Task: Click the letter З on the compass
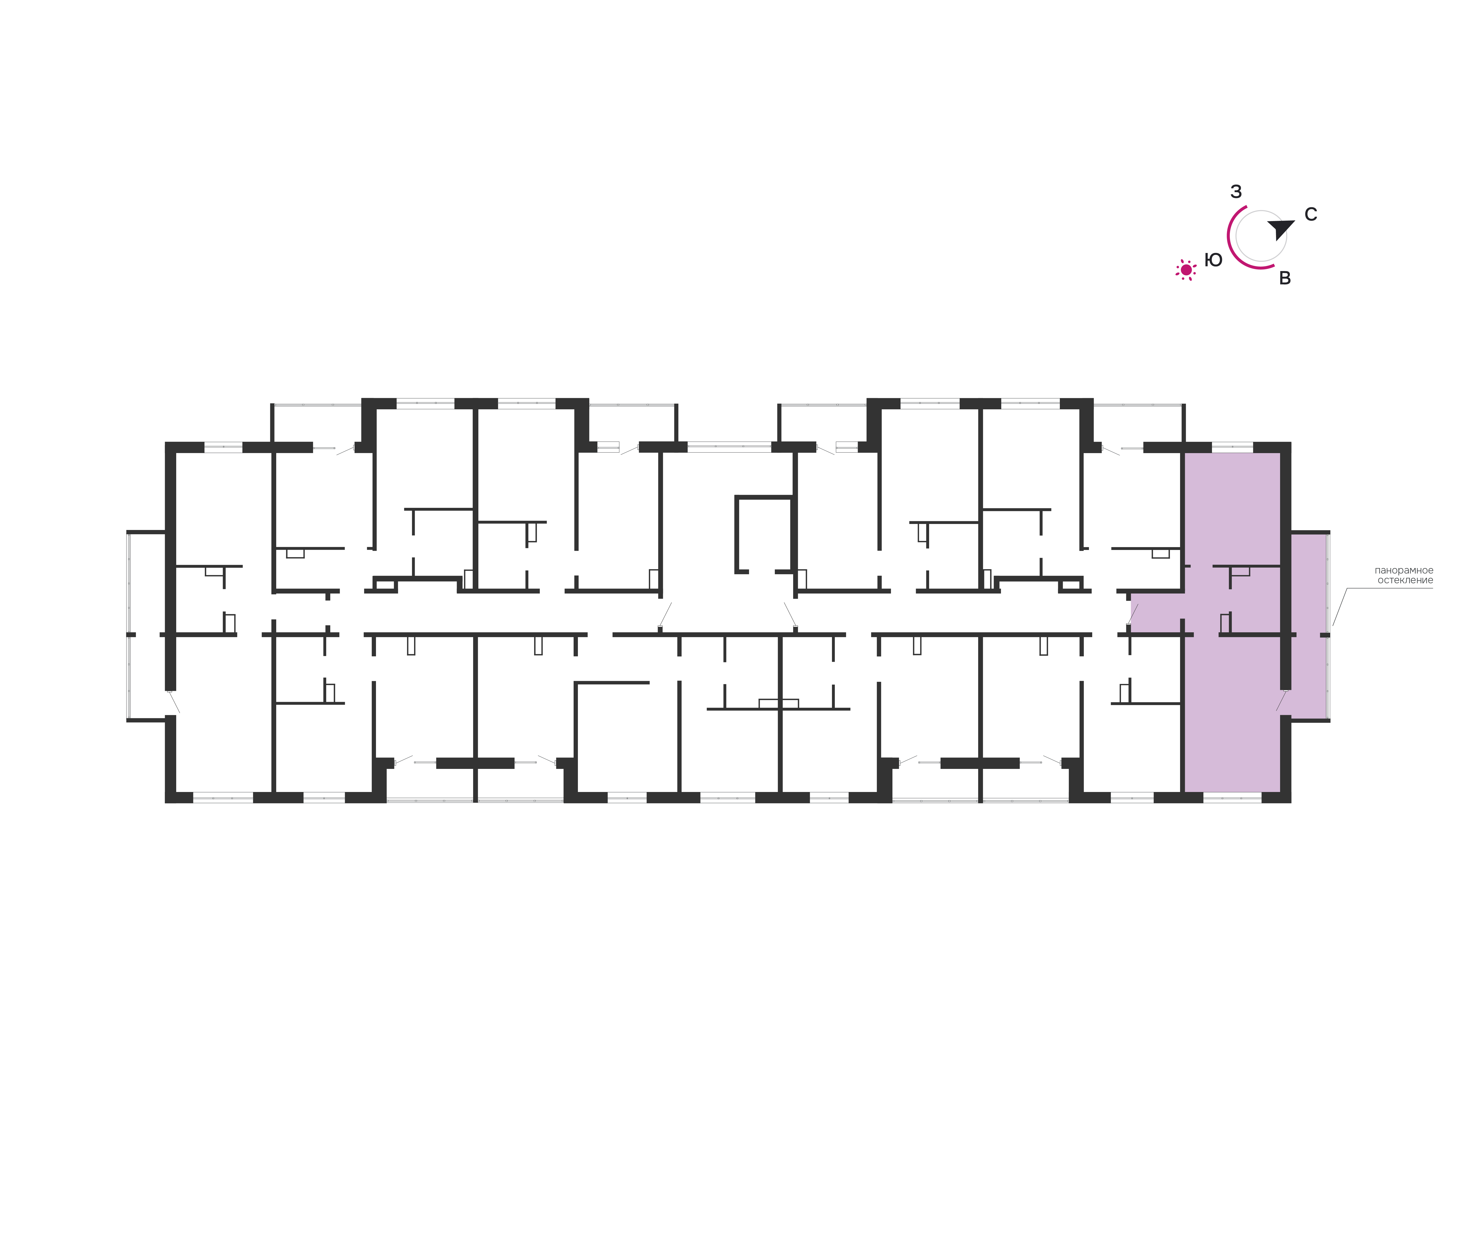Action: [1236, 191]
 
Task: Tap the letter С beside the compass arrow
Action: [1310, 215]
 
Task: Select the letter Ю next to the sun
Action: [1213, 260]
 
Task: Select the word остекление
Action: [1405, 581]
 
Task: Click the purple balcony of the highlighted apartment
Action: [1309, 626]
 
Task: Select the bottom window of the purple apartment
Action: [1232, 797]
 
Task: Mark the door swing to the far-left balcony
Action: [174, 701]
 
